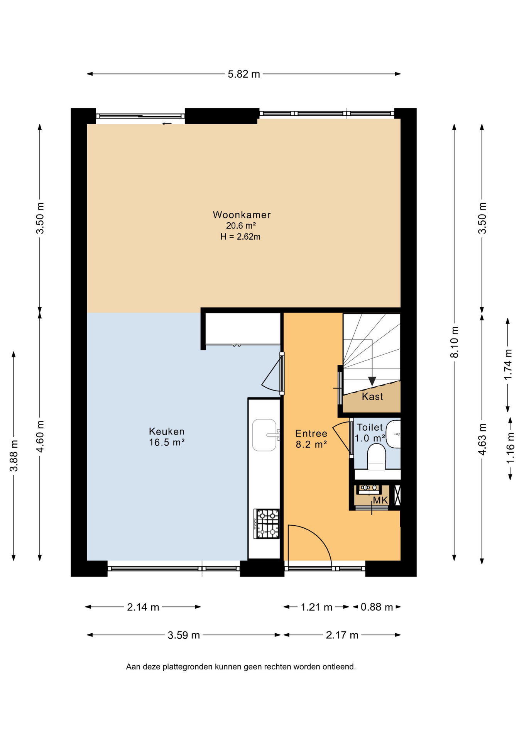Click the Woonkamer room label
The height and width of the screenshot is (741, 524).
pyautogui.click(x=242, y=215)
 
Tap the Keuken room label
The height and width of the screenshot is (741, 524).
pyautogui.click(x=167, y=431)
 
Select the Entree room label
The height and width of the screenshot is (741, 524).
pyautogui.click(x=311, y=433)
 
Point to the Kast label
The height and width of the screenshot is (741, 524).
pyautogui.click(x=372, y=396)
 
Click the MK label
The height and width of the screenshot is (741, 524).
pyautogui.click(x=380, y=501)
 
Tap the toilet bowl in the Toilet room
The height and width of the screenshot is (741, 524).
pyautogui.click(x=377, y=457)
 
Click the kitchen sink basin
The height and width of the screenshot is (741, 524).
pyautogui.click(x=264, y=435)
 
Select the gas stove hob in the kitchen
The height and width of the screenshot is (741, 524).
pyautogui.click(x=267, y=524)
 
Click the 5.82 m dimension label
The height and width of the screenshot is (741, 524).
pyautogui.click(x=244, y=74)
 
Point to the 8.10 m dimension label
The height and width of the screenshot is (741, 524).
pyautogui.click(x=455, y=342)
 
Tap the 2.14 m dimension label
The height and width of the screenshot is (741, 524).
pyautogui.click(x=143, y=607)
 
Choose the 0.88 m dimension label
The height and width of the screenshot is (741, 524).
pyautogui.click(x=377, y=607)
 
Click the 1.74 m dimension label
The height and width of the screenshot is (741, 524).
pyautogui.click(x=508, y=364)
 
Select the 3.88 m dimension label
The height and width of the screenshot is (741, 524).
pyautogui.click(x=14, y=456)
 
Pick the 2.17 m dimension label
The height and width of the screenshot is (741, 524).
pyautogui.click(x=342, y=635)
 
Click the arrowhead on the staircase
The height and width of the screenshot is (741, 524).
pyautogui.click(x=372, y=381)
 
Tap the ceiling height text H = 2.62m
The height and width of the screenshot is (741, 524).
pyautogui.click(x=240, y=237)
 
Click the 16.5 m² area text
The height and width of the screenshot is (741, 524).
pyautogui.click(x=167, y=442)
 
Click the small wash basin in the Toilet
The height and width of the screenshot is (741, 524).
pyautogui.click(x=394, y=434)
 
